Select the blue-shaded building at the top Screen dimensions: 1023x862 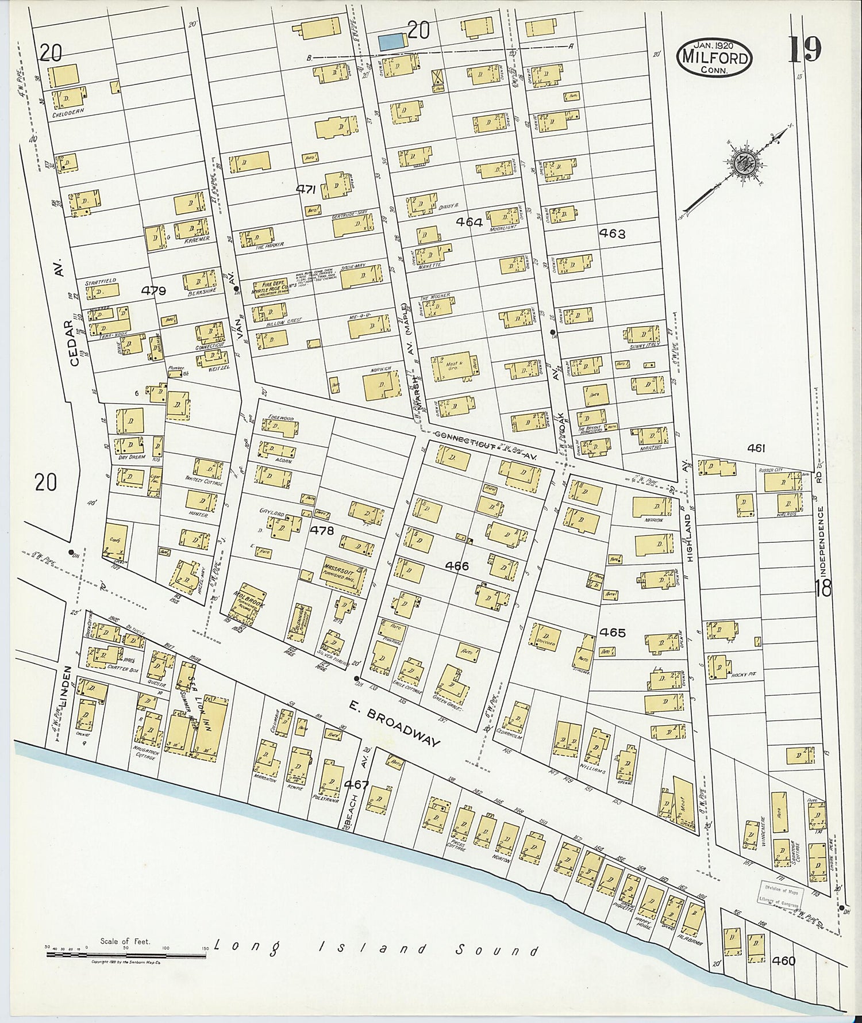[392, 41]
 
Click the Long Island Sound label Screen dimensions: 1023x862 [376, 949]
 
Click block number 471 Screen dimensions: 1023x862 [307, 189]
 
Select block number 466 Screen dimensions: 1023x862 [457, 566]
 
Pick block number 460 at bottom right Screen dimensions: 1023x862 [784, 960]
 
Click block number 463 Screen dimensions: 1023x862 [611, 233]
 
